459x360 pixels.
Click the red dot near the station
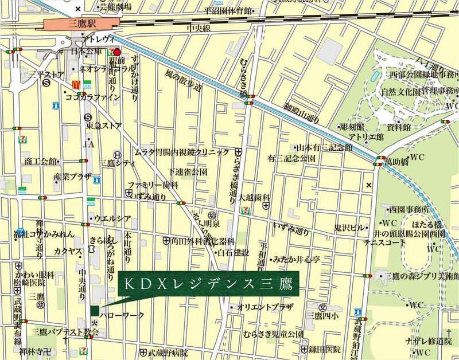118,52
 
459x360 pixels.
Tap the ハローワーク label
118,316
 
